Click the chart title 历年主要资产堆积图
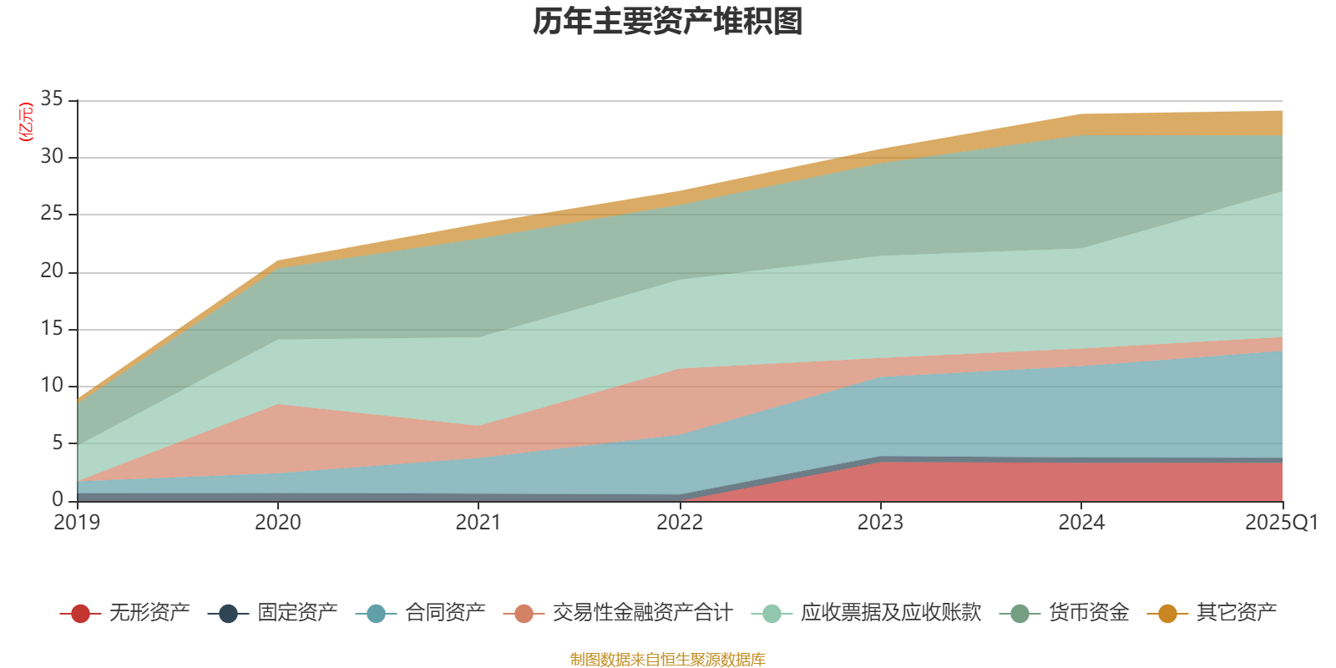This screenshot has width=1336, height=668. [x=668, y=23]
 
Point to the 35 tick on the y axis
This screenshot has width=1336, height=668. [x=52, y=99]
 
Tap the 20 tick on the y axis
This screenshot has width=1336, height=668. [x=52, y=271]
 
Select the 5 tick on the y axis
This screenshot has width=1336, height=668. [x=58, y=443]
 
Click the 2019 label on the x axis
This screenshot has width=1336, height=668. [x=77, y=523]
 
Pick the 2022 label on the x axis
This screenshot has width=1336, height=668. [x=679, y=523]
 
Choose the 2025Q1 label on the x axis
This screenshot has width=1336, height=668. [x=1281, y=523]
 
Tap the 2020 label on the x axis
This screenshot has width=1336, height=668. [x=278, y=523]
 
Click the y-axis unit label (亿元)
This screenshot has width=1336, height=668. [x=26, y=122]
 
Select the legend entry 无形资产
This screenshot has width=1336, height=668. [x=149, y=613]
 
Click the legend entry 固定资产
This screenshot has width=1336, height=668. [x=296, y=613]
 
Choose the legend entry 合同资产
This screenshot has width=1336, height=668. [x=444, y=613]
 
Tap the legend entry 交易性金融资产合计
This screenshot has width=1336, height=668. [x=641, y=613]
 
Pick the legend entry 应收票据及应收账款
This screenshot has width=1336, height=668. [x=890, y=613]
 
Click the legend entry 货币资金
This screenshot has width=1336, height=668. [x=1088, y=613]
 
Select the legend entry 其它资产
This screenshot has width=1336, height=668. [x=1236, y=613]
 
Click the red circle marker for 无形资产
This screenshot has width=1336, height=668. [x=80, y=614]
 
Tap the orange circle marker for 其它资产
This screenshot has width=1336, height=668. [x=1167, y=614]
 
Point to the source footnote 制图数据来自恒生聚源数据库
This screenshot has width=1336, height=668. [x=668, y=660]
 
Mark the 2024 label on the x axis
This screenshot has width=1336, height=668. [x=1081, y=523]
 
